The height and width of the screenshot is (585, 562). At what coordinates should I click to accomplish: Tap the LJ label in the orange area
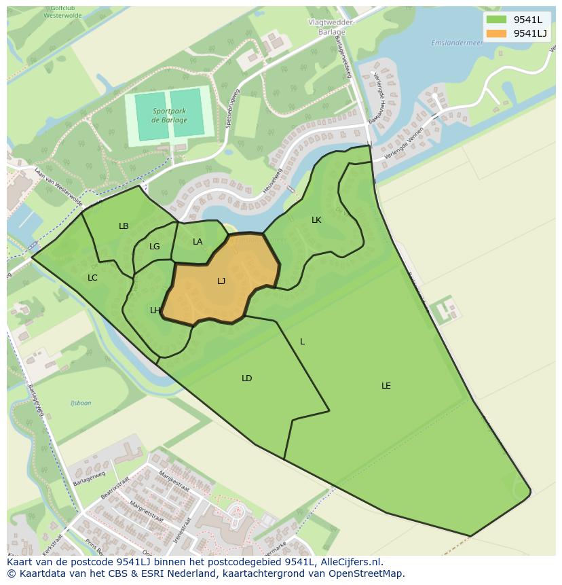point(221,281)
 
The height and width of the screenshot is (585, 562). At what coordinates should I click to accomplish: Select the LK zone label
point(316,220)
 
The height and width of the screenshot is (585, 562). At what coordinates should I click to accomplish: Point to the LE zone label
point(386,386)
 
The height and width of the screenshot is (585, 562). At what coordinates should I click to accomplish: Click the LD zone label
point(246,378)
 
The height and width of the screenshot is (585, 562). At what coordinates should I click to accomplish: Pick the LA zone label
point(198,242)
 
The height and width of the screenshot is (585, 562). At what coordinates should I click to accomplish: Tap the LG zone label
point(155,247)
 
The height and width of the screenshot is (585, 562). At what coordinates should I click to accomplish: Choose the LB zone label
point(124,226)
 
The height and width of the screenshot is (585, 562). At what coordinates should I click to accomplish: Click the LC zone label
point(93,277)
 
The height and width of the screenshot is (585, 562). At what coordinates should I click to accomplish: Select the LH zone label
point(155,311)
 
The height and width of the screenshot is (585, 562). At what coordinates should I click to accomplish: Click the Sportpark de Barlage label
point(169,115)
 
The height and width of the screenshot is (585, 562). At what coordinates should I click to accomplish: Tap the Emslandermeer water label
point(448,43)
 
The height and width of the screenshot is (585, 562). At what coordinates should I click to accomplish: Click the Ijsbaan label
point(81,403)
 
